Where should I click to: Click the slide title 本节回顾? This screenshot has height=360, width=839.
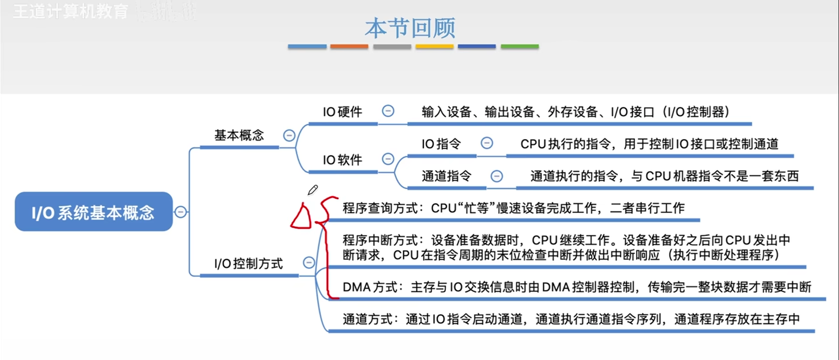coord(410,28)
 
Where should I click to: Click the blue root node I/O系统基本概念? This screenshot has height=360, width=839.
coord(93,212)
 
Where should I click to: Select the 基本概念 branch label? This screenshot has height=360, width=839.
coord(239,135)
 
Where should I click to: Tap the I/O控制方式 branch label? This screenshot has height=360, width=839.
coord(249,264)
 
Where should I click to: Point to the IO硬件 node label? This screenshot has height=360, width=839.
coord(342,112)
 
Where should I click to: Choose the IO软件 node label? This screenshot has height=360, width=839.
coord(342,160)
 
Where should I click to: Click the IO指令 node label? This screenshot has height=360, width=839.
coord(441,144)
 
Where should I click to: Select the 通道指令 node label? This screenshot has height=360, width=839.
coord(446,176)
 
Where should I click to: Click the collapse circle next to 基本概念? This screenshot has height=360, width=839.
coord(289,135)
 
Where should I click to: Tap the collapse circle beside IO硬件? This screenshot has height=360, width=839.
coord(388,110)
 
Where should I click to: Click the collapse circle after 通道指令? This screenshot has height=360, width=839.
coord(497,176)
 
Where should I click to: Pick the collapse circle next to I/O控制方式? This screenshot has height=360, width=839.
coord(309,262)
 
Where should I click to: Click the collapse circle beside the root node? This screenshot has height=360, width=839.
coord(181,212)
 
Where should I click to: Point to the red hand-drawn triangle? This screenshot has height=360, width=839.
coord(301,217)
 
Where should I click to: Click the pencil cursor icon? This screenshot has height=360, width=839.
coord(312,190)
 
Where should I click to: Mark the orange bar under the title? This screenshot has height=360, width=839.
coord(349,47)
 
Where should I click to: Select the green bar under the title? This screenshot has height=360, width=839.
coord(519,47)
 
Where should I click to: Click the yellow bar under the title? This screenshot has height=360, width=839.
coord(434,47)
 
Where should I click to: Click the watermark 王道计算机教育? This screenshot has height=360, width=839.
coord(71,11)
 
